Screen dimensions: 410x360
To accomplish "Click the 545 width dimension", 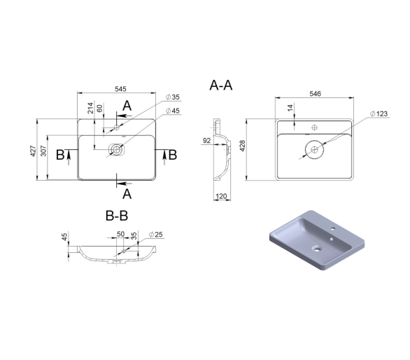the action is click(120, 89).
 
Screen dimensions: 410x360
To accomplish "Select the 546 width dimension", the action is click(315, 94).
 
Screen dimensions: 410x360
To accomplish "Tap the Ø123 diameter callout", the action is click(379, 113).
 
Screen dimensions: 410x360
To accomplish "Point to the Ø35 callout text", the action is click(173, 97).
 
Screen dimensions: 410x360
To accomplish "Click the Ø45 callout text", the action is click(173, 111).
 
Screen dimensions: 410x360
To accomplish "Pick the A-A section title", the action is click(221, 85).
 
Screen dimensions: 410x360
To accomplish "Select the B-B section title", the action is click(117, 216).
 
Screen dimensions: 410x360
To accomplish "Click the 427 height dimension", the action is click(33, 151).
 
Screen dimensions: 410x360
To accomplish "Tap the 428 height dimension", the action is click(242, 146).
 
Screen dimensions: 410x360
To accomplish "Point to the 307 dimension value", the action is click(43, 151).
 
